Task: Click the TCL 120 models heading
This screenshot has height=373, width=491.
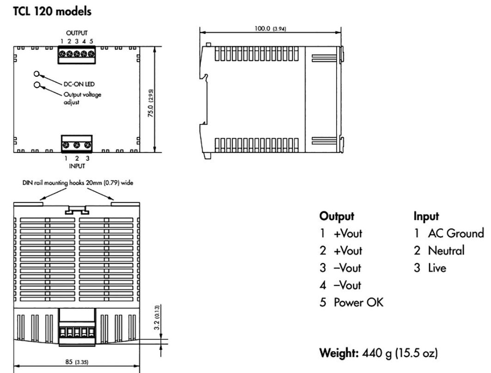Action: pos(52,12)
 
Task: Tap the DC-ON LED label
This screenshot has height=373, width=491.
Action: pos(79,84)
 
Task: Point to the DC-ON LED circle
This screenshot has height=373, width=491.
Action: pos(36,74)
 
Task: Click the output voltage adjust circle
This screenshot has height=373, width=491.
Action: pos(37,84)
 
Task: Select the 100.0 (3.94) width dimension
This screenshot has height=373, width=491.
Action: pos(270,28)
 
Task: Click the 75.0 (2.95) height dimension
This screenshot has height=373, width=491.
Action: pos(151,103)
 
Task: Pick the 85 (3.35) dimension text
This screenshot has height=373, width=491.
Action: pos(77,361)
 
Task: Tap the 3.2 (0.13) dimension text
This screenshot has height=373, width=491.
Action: pos(157,317)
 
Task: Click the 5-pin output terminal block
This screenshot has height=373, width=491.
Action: pos(77,55)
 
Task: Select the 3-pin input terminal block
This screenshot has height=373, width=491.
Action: pos(77,144)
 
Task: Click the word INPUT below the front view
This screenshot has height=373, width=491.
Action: pos(77,166)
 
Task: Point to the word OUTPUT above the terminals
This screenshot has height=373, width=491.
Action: pos(77,33)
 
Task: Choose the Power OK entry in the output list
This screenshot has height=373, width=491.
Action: pos(351,302)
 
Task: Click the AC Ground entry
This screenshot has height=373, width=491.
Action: pos(449,233)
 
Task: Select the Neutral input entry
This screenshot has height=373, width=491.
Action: pos(439,251)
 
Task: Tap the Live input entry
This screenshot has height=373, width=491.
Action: pos(430,268)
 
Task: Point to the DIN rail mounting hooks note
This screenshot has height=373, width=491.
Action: pos(78,182)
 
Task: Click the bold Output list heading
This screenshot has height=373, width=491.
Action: pos(337,217)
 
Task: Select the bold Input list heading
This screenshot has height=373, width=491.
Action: pos(426,217)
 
